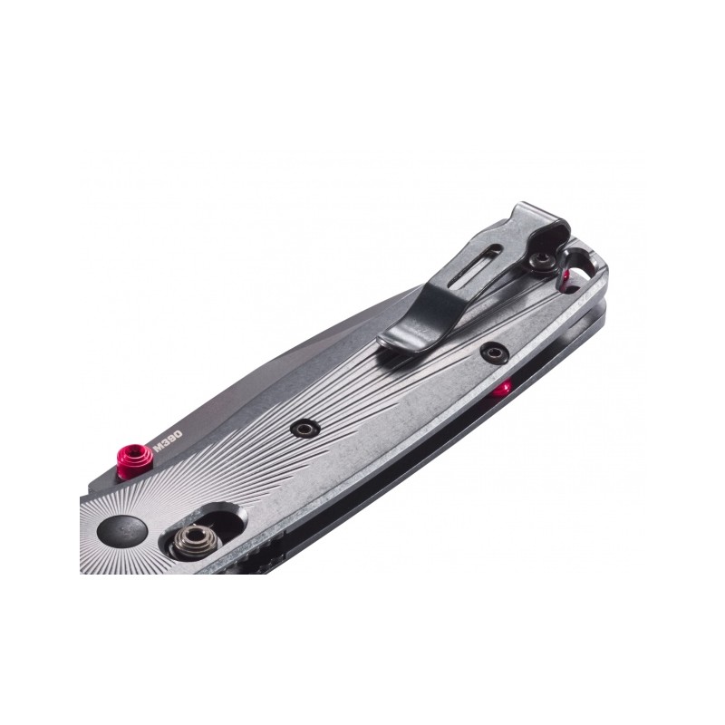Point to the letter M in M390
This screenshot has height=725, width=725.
point(159,447)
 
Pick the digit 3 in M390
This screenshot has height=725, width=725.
point(165,443)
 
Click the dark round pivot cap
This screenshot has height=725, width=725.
point(122,529)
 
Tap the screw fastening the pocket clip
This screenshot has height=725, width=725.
point(543,261)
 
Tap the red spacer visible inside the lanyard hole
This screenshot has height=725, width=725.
point(565,275)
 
